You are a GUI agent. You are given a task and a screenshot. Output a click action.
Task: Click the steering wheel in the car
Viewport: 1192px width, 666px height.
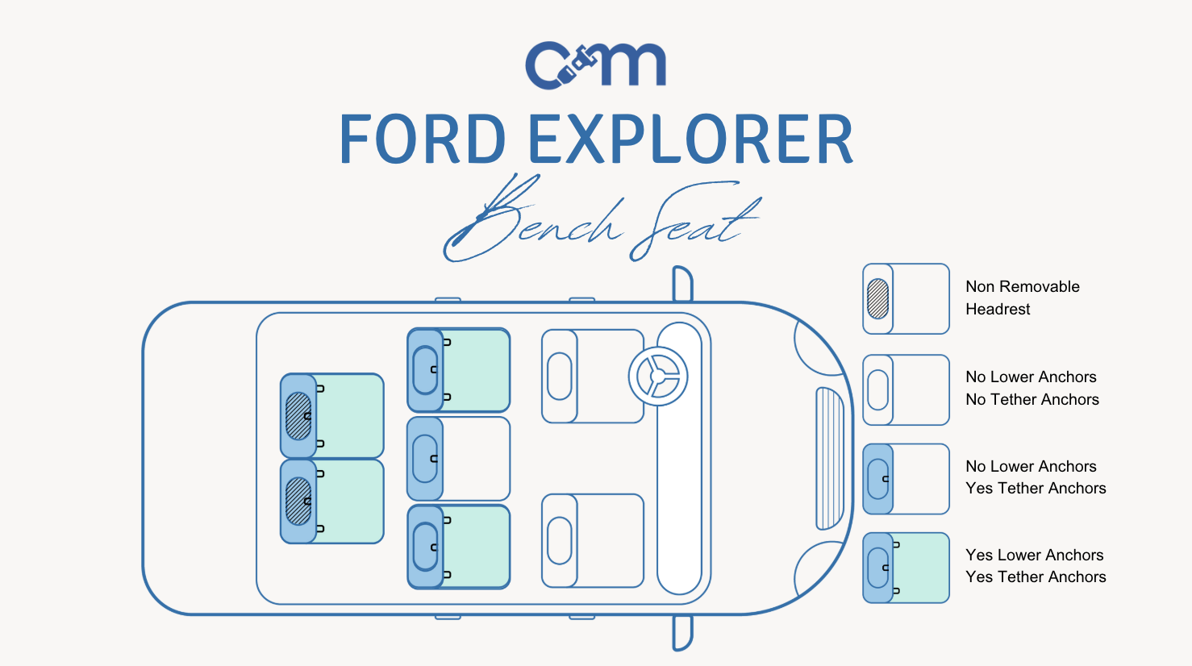pos(658,376)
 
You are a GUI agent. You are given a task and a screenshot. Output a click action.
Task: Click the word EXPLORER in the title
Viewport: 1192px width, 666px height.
pos(690,139)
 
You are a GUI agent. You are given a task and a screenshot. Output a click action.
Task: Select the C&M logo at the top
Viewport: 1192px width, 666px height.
pos(595,65)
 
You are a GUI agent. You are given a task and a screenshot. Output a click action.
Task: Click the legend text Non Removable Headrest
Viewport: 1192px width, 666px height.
pos(1022,298)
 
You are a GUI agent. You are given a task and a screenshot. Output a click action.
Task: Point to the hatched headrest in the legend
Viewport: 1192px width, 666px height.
pos(877,298)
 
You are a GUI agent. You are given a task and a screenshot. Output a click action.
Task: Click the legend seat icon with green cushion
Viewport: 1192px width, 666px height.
pos(907,568)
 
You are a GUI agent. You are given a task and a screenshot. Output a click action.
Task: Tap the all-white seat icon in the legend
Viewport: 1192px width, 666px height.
pos(907,390)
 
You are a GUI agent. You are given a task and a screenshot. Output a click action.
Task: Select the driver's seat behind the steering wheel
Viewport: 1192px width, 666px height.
pos(593,377)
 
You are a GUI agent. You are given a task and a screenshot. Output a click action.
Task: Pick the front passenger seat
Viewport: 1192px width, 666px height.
pos(593,540)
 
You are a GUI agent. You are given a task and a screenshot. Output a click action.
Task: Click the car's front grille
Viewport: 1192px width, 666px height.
pos(829,458)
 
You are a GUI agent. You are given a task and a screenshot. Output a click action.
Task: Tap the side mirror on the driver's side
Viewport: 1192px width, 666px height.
pos(682,282)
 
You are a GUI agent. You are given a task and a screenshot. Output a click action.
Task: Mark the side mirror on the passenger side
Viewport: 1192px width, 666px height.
pos(682,632)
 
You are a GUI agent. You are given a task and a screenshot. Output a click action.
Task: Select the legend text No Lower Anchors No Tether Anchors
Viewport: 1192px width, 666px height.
pos(1032,388)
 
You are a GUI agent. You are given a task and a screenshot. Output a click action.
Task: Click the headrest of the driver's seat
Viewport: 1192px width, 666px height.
pos(559,376)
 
